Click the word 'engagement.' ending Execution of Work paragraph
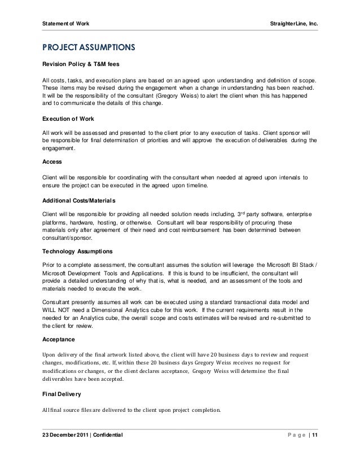point(59,149)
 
